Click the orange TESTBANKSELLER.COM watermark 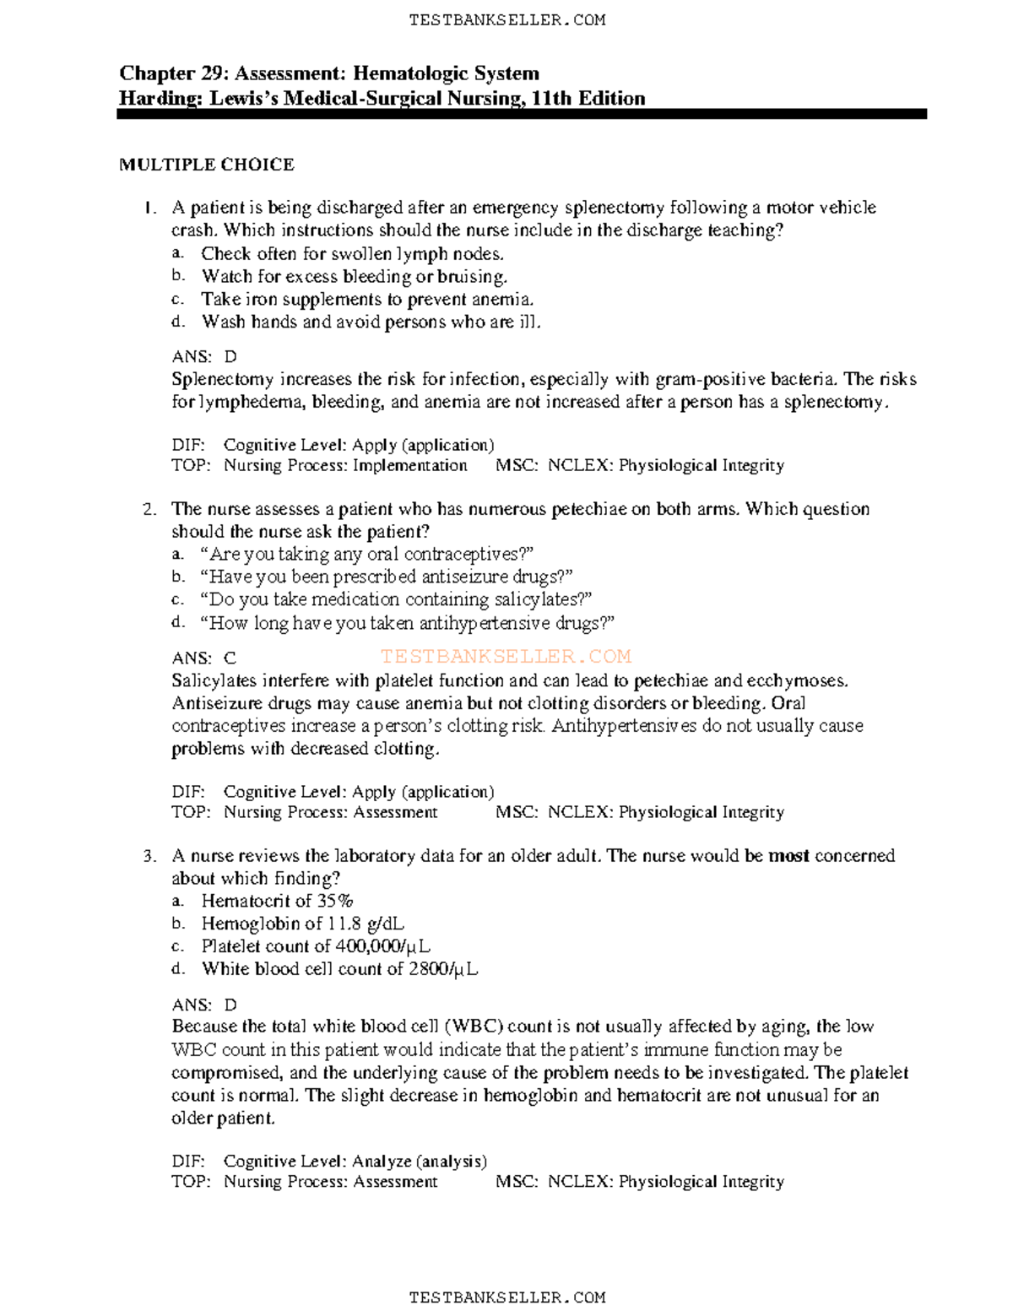(506, 657)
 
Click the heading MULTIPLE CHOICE (207, 165)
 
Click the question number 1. (149, 208)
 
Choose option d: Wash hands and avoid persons (371, 322)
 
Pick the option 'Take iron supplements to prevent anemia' (367, 299)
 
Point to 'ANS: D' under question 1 (204, 356)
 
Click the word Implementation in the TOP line (409, 465)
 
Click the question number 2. (149, 509)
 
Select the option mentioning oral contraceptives (367, 555)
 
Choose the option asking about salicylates (396, 599)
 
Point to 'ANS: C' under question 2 (204, 658)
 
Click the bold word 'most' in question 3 (788, 856)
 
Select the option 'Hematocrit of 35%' (277, 901)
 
